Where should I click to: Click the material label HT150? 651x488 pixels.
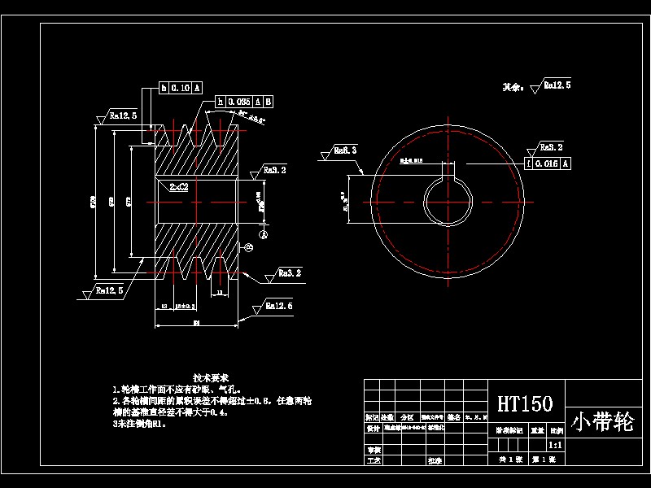525,403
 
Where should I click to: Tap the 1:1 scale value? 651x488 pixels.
555,446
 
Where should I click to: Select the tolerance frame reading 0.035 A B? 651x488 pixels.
244,102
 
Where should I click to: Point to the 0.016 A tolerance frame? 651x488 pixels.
548,163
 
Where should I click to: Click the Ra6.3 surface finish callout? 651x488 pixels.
345,150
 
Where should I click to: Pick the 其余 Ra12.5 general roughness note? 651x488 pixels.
537,85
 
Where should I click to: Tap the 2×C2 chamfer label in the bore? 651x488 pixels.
179,186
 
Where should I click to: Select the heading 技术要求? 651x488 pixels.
211,378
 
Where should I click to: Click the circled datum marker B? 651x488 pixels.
249,247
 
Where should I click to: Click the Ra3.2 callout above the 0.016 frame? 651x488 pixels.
550,148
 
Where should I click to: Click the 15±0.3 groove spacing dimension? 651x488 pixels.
186,307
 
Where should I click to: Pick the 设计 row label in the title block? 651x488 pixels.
373,428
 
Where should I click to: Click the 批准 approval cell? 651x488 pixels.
435,460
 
